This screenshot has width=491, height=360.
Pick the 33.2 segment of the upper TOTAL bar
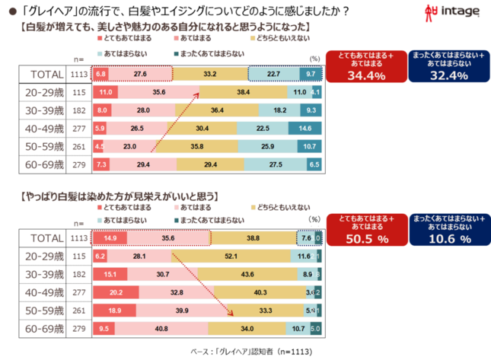[x=210, y=74]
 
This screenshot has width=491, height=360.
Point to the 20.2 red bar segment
[x=116, y=292]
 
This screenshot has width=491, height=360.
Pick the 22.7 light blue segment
[x=274, y=74]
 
